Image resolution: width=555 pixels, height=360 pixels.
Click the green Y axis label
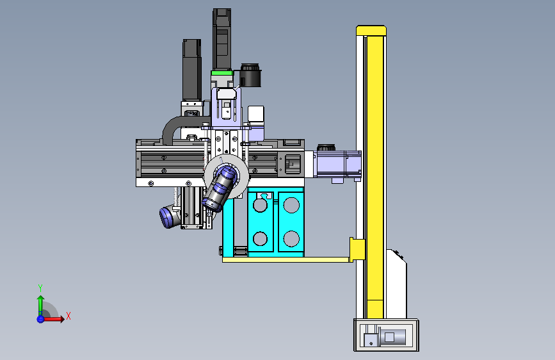40,288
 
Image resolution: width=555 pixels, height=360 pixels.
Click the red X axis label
68,316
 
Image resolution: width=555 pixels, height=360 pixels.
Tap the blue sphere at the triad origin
40,319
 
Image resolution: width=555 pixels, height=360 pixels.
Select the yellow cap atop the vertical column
371,31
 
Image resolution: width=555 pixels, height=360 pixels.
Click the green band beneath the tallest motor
222,73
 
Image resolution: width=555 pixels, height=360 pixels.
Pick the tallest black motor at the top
222,39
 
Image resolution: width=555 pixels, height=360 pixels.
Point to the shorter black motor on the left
192,70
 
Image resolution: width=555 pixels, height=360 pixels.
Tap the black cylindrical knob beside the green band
250,76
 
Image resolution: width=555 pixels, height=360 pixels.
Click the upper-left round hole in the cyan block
260,205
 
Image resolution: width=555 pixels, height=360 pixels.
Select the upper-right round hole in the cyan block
291,205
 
